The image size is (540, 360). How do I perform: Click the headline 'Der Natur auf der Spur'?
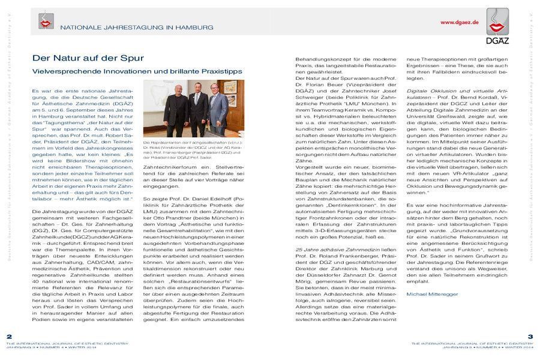pyautogui.click(x=88, y=58)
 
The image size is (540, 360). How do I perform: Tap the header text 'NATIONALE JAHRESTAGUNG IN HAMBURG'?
pyautogui.click(x=137, y=28)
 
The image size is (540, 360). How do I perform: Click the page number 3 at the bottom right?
pyautogui.click(x=530, y=336)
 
